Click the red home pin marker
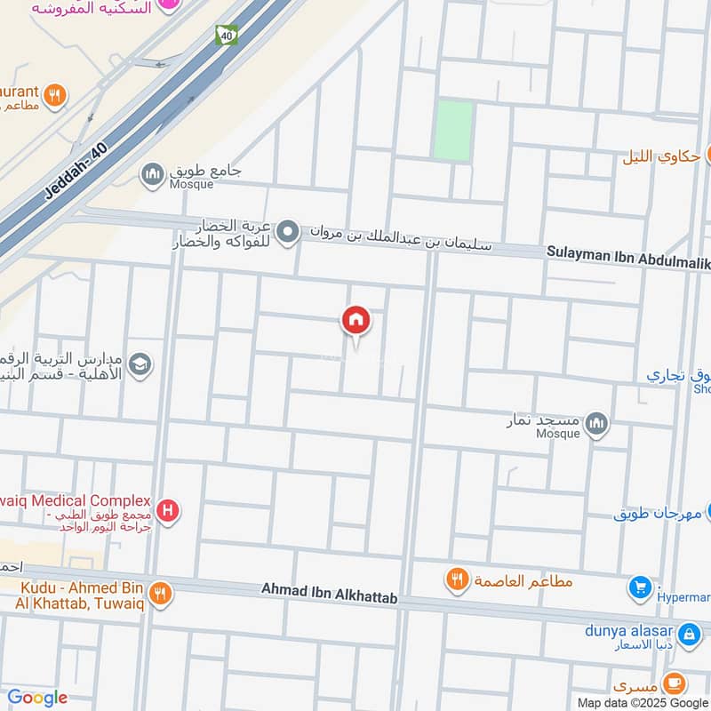355,320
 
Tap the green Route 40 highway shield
227,35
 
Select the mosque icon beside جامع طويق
153,171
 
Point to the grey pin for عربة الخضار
287,234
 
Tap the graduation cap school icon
140,363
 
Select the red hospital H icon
167,511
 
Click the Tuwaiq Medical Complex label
76,502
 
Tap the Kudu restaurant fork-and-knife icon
160,592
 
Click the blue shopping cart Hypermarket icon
640,587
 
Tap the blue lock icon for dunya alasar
688,635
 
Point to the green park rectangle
453,130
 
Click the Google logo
37,698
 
